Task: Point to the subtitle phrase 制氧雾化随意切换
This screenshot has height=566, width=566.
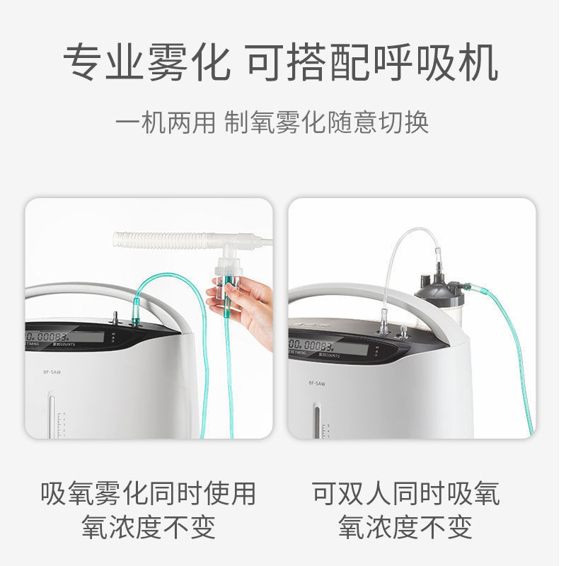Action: tap(327, 122)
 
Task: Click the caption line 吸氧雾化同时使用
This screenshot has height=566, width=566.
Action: tap(148, 493)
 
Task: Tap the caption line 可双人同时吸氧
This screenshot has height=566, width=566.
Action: tap(406, 493)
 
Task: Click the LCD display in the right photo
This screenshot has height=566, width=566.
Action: tap(328, 347)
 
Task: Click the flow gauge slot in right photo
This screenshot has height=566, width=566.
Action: tap(316, 420)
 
